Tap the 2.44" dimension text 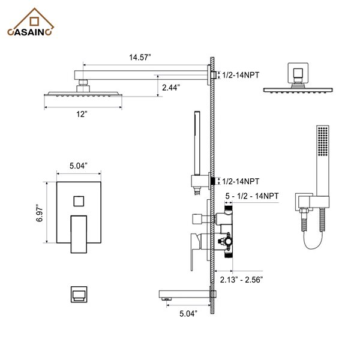click(x=171, y=87)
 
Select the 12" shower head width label click(x=82, y=113)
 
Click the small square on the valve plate click(x=78, y=199)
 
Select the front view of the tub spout click(x=77, y=293)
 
